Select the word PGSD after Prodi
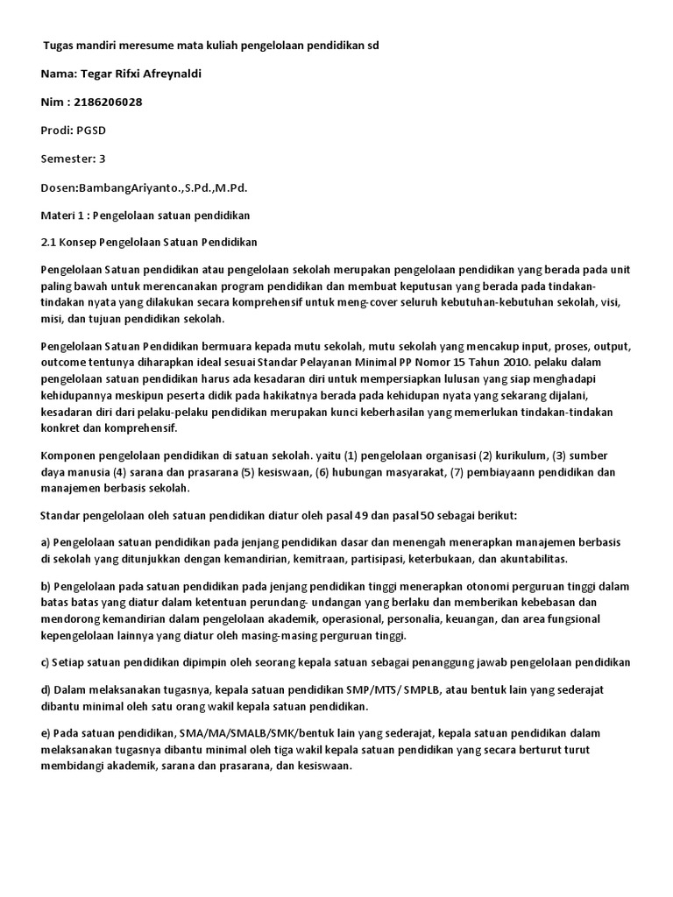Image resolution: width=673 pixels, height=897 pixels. [92, 131]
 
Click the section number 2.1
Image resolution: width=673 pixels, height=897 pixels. [49, 242]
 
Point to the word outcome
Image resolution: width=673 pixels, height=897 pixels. [65, 362]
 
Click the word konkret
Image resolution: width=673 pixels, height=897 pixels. [61, 428]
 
